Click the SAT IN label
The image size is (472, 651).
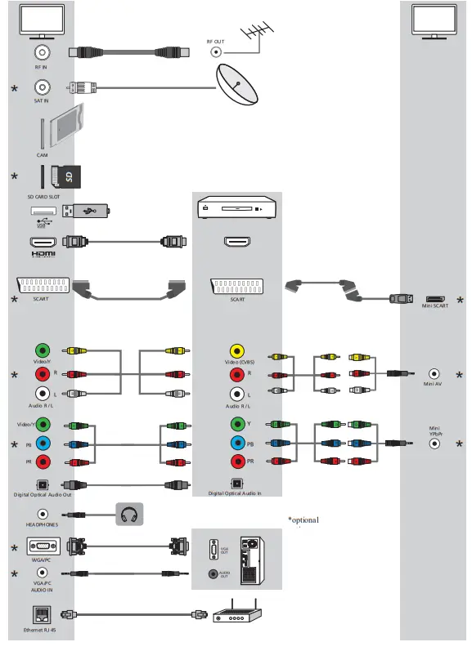click(41, 101)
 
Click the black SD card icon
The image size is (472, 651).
click(65, 176)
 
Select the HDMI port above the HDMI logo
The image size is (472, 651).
click(41, 243)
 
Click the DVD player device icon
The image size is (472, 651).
click(237, 210)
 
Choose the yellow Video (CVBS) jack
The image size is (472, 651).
click(237, 350)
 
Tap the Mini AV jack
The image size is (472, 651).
click(434, 372)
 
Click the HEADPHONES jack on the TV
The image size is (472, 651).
click(41, 515)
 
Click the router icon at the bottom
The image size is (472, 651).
click(237, 615)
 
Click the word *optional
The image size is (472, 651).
click(303, 520)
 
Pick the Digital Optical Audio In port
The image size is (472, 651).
click(236, 484)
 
